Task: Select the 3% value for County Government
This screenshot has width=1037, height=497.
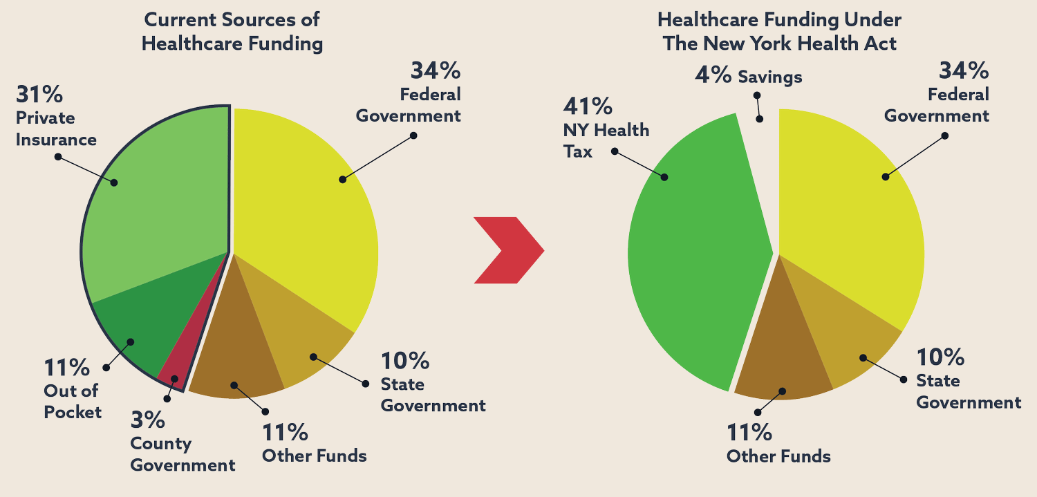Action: pyautogui.click(x=147, y=420)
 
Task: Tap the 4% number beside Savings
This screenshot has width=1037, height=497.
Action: pyautogui.click(x=713, y=75)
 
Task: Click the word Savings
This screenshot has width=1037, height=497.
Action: pyautogui.click(x=769, y=77)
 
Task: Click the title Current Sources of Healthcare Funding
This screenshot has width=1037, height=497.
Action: pyautogui.click(x=232, y=31)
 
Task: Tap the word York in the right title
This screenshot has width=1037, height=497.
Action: pyautogui.click(x=760, y=44)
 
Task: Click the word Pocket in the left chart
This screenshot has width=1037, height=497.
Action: pyautogui.click(x=73, y=413)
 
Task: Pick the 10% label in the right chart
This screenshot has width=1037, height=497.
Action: pyautogui.click(x=940, y=357)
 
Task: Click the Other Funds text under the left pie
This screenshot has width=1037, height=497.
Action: pyautogui.click(x=314, y=456)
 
